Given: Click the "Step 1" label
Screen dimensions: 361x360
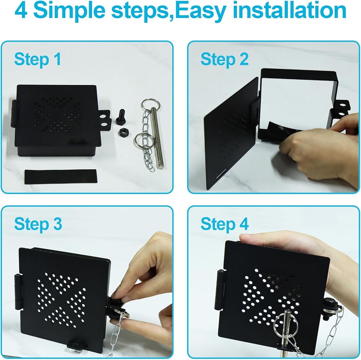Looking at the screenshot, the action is (38, 60).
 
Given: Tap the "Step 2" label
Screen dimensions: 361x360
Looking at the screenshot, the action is (225, 60).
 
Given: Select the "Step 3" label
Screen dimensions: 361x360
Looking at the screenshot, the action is (38, 224).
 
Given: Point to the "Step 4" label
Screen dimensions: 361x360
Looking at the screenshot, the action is (225, 224).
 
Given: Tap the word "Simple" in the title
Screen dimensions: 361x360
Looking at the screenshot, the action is (69, 11).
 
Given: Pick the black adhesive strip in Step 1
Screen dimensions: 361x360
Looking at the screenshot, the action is (61, 176).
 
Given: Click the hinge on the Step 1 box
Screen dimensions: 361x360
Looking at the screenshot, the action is (14, 114).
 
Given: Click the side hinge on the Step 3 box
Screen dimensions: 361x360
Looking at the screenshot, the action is (18, 292).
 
